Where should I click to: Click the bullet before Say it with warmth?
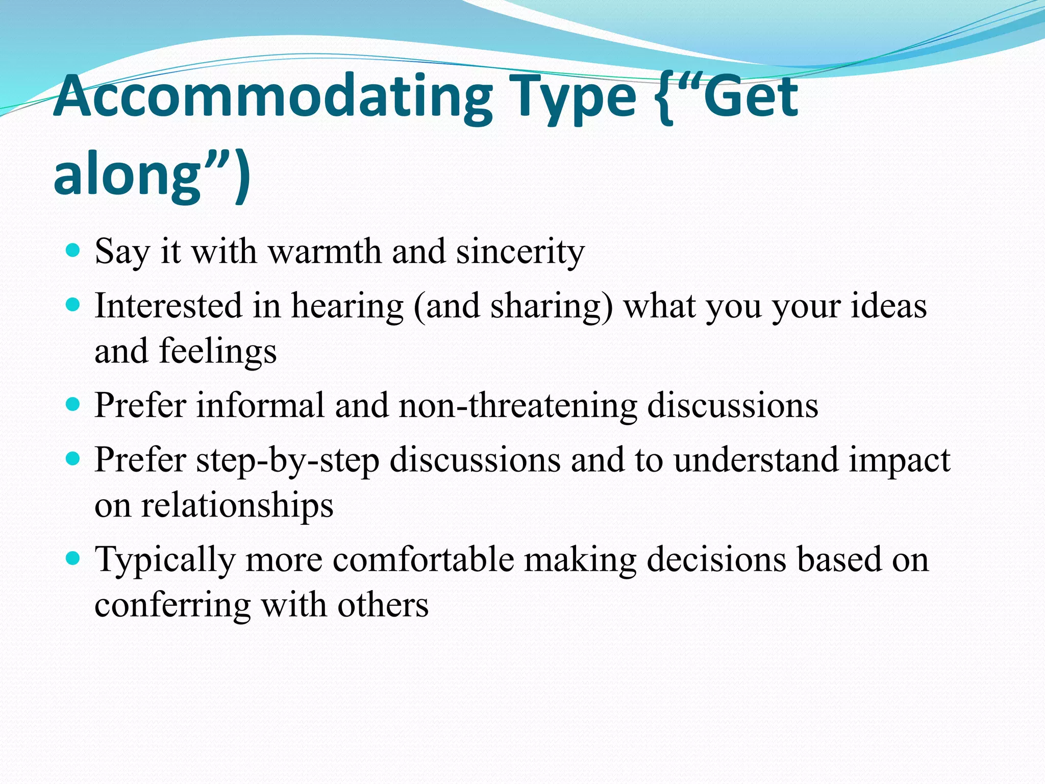point(73,250)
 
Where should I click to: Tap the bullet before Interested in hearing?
point(73,305)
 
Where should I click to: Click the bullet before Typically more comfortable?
point(73,558)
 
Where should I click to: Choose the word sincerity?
point(520,252)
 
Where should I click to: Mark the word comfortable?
point(423,559)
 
